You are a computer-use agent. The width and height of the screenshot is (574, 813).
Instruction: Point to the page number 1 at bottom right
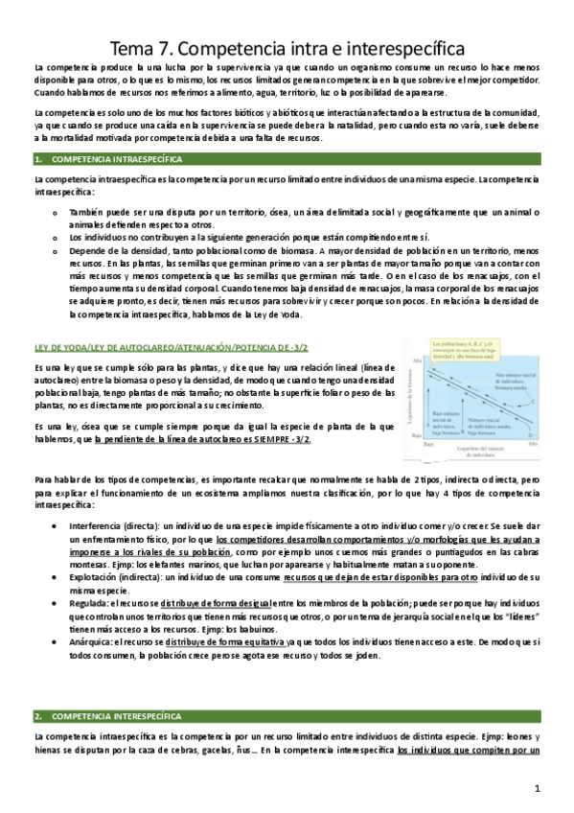(539, 788)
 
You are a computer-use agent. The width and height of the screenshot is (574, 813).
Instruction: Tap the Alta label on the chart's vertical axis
(417, 360)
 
